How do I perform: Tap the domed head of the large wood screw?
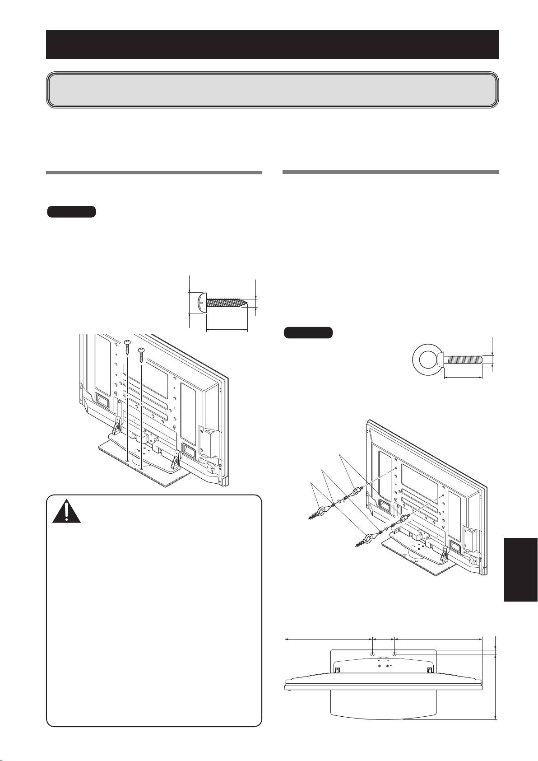(x=201, y=302)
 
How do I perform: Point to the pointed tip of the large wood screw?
(x=245, y=302)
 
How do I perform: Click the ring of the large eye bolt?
(x=426, y=360)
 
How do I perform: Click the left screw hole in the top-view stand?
(x=372, y=654)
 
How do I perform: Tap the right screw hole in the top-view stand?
(x=395, y=654)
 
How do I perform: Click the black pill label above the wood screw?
(x=71, y=211)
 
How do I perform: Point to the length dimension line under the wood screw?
(x=227, y=330)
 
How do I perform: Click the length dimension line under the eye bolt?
(x=464, y=378)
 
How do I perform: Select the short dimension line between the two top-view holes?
(x=383, y=639)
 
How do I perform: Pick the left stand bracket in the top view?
(x=337, y=670)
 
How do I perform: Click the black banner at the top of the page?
(x=272, y=45)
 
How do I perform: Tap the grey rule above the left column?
(x=154, y=173)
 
